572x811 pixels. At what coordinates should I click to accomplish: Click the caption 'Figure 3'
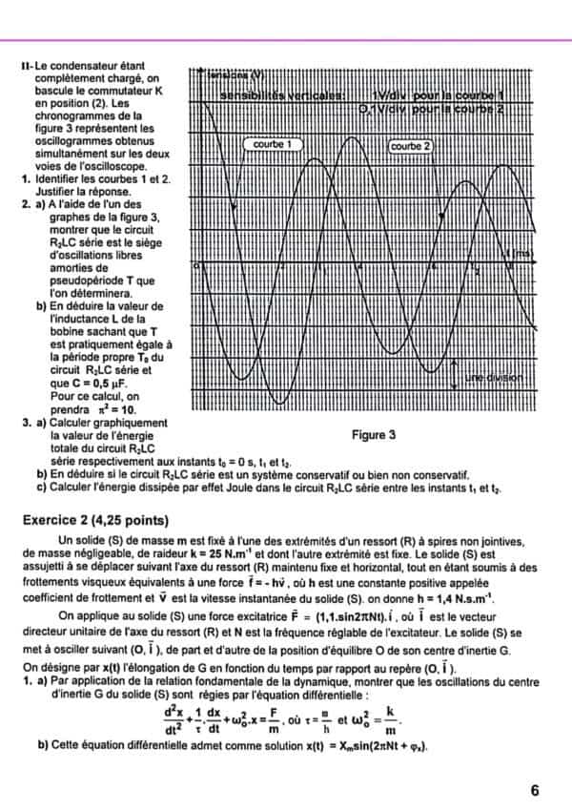point(374,436)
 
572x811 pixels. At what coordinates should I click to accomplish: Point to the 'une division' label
point(494,379)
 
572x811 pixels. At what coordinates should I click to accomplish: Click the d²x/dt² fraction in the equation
point(174,705)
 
